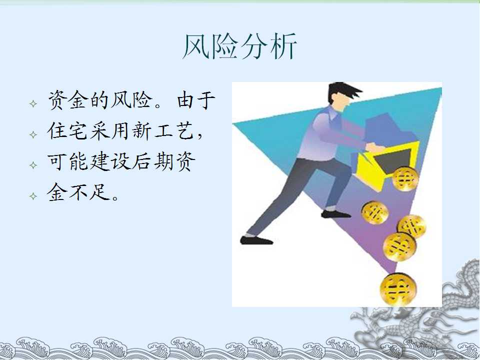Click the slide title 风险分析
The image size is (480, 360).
(x=239, y=46)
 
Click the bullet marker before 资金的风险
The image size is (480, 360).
(x=33, y=103)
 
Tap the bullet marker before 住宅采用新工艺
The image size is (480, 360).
(x=33, y=134)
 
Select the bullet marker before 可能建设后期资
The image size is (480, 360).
(x=33, y=165)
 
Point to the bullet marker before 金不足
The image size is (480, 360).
(x=33, y=196)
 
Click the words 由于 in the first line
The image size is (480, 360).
(x=196, y=100)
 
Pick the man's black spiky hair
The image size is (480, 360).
(x=343, y=91)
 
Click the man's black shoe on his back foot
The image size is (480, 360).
(x=256, y=240)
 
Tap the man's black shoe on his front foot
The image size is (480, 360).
(x=335, y=214)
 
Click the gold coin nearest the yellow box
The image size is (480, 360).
(x=405, y=179)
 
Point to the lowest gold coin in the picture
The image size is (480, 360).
(x=398, y=289)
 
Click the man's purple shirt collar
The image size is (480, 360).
(x=332, y=113)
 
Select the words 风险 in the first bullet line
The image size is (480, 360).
(x=131, y=100)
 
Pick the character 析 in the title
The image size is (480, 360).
(x=283, y=46)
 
